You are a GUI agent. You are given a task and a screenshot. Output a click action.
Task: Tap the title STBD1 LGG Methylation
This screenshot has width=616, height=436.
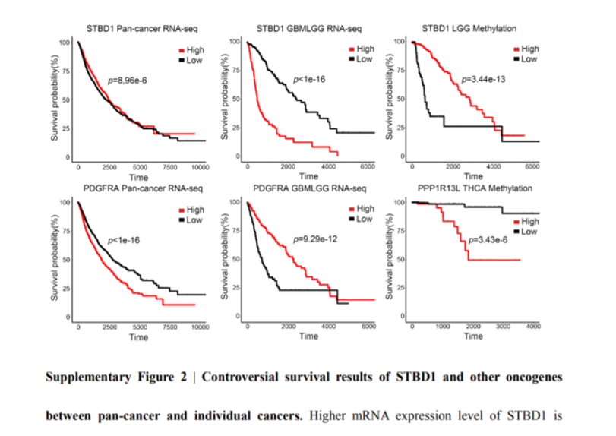(x=469, y=28)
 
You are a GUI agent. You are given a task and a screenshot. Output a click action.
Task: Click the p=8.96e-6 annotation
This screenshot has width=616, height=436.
(x=131, y=80)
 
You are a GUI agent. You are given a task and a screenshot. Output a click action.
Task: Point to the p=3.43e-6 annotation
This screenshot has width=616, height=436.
(x=488, y=240)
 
